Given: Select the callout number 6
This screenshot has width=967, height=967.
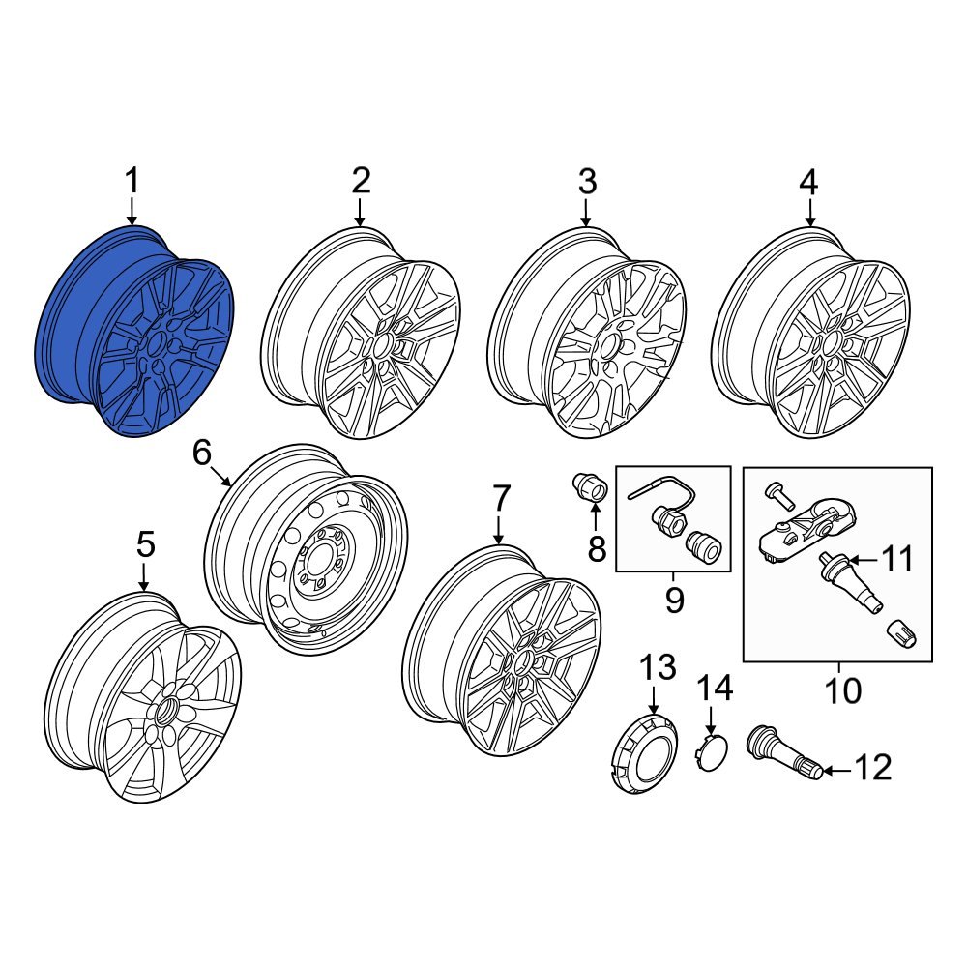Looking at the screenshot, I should pos(201,452).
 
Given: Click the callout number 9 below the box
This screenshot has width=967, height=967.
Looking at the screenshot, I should pos(673,600).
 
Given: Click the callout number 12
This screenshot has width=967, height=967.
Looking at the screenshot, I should pos(873,769).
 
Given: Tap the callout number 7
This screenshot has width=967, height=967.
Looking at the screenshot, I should pos(499,500).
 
